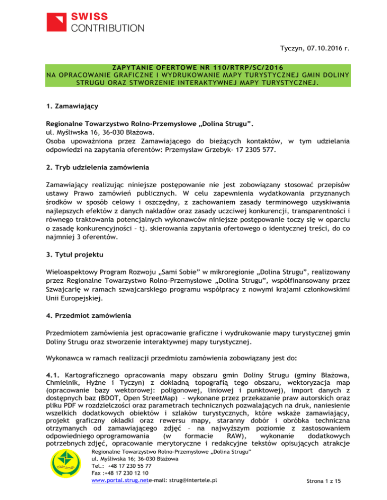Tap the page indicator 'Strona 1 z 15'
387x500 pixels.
(x=319, y=495)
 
